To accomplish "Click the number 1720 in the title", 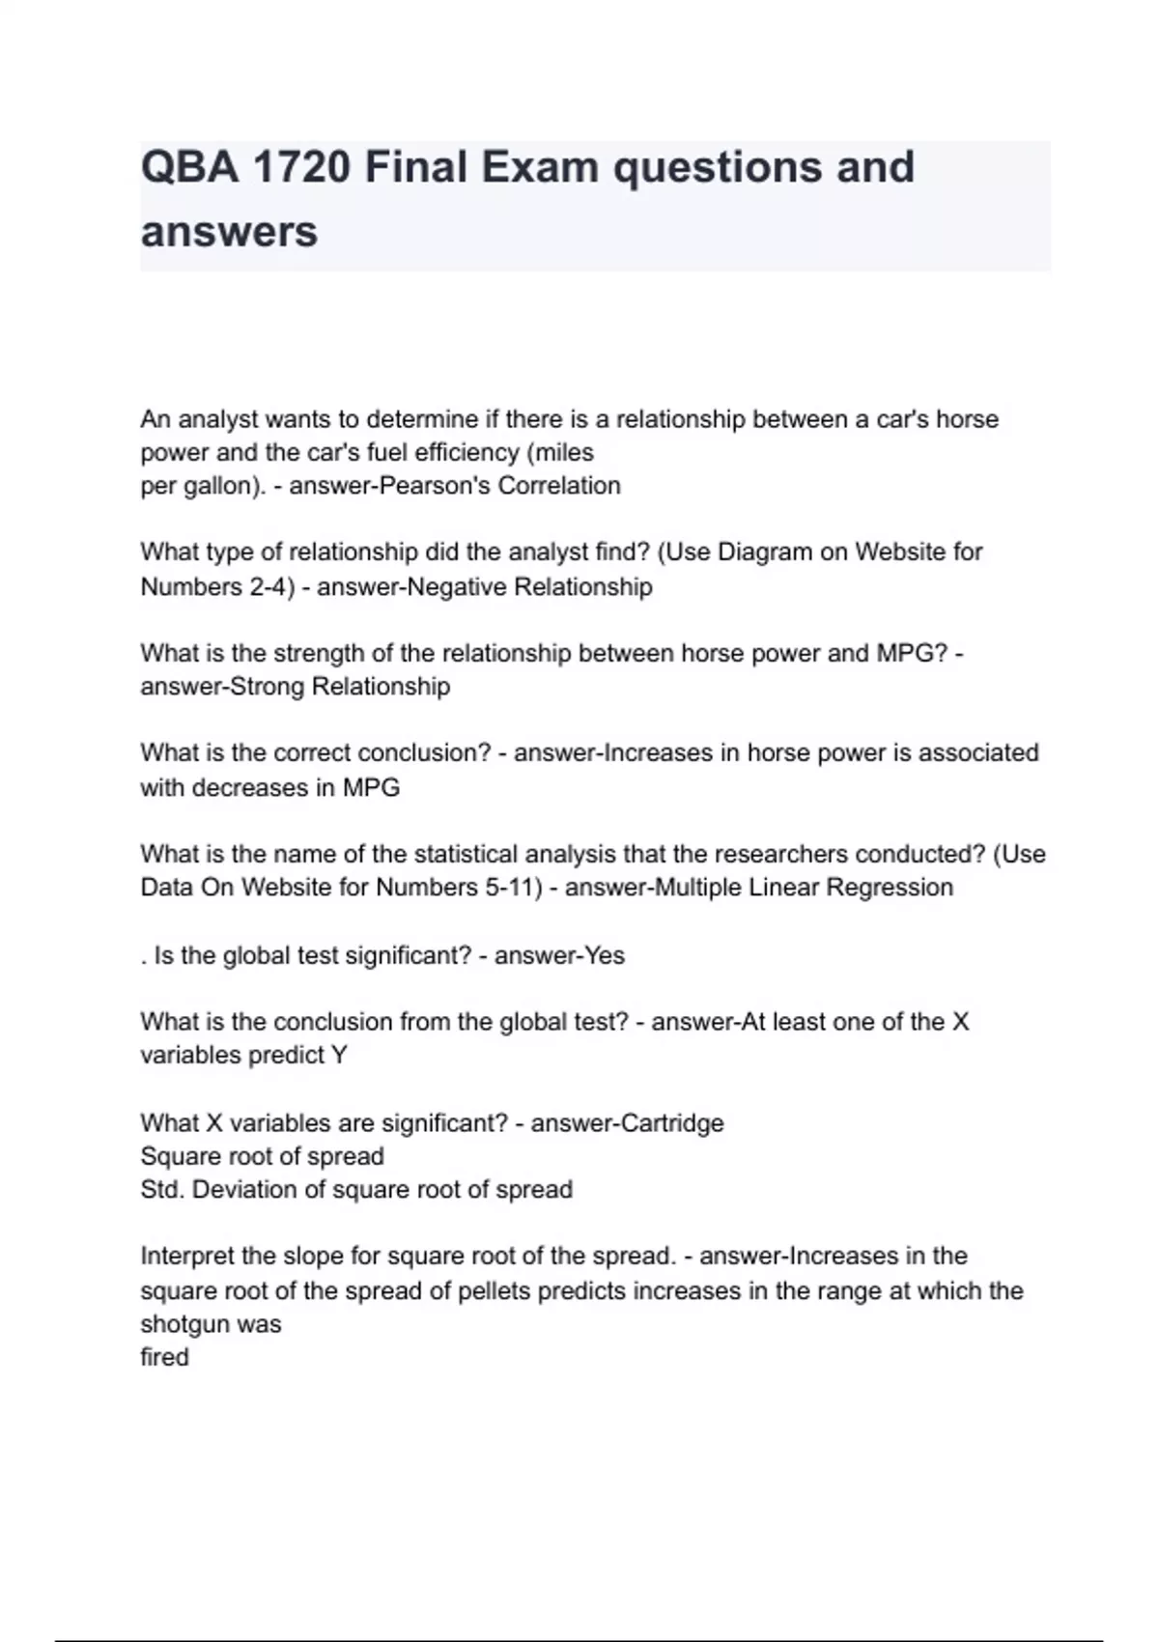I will coord(300,167).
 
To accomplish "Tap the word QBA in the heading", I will coord(189,167).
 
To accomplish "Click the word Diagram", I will coord(765,552).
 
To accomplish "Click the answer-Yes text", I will coord(559,956).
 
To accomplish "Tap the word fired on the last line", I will coord(164,1357).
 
